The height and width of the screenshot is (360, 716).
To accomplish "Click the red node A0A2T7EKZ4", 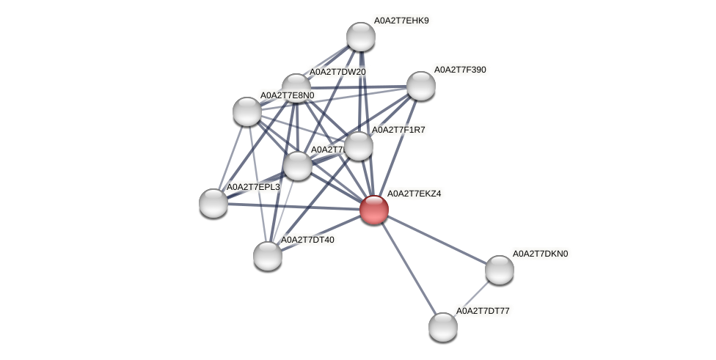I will point(373,210).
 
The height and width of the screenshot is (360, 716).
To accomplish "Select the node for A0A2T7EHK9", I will point(360,37).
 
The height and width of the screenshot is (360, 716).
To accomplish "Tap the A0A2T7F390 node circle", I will point(420,86).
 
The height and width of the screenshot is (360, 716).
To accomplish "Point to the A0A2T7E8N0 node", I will point(247,111).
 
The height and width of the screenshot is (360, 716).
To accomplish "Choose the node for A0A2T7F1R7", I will point(359,146).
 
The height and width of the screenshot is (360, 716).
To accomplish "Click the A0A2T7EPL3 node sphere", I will point(213,203).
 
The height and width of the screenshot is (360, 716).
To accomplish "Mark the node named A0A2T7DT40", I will point(268,256).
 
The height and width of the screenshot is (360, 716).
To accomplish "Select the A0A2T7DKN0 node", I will point(500,270).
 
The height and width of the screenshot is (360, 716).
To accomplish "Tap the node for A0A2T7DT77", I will point(443,327).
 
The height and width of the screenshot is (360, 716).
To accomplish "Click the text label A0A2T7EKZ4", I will point(414,194).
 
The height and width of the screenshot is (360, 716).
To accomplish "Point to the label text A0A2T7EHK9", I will point(401,21).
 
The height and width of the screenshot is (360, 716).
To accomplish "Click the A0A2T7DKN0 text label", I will point(540,254).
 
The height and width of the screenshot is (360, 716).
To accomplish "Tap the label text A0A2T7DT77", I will point(483,311).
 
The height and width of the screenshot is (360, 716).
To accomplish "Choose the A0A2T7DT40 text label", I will point(307,240).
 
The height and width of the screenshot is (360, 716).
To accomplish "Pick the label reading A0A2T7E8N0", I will point(287,95).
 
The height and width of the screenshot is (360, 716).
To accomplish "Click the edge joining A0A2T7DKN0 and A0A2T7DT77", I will point(471,298).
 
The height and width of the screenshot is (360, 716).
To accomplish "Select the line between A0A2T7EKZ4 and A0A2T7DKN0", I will point(436,240).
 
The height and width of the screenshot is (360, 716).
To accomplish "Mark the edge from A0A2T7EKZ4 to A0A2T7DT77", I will point(408,268).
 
